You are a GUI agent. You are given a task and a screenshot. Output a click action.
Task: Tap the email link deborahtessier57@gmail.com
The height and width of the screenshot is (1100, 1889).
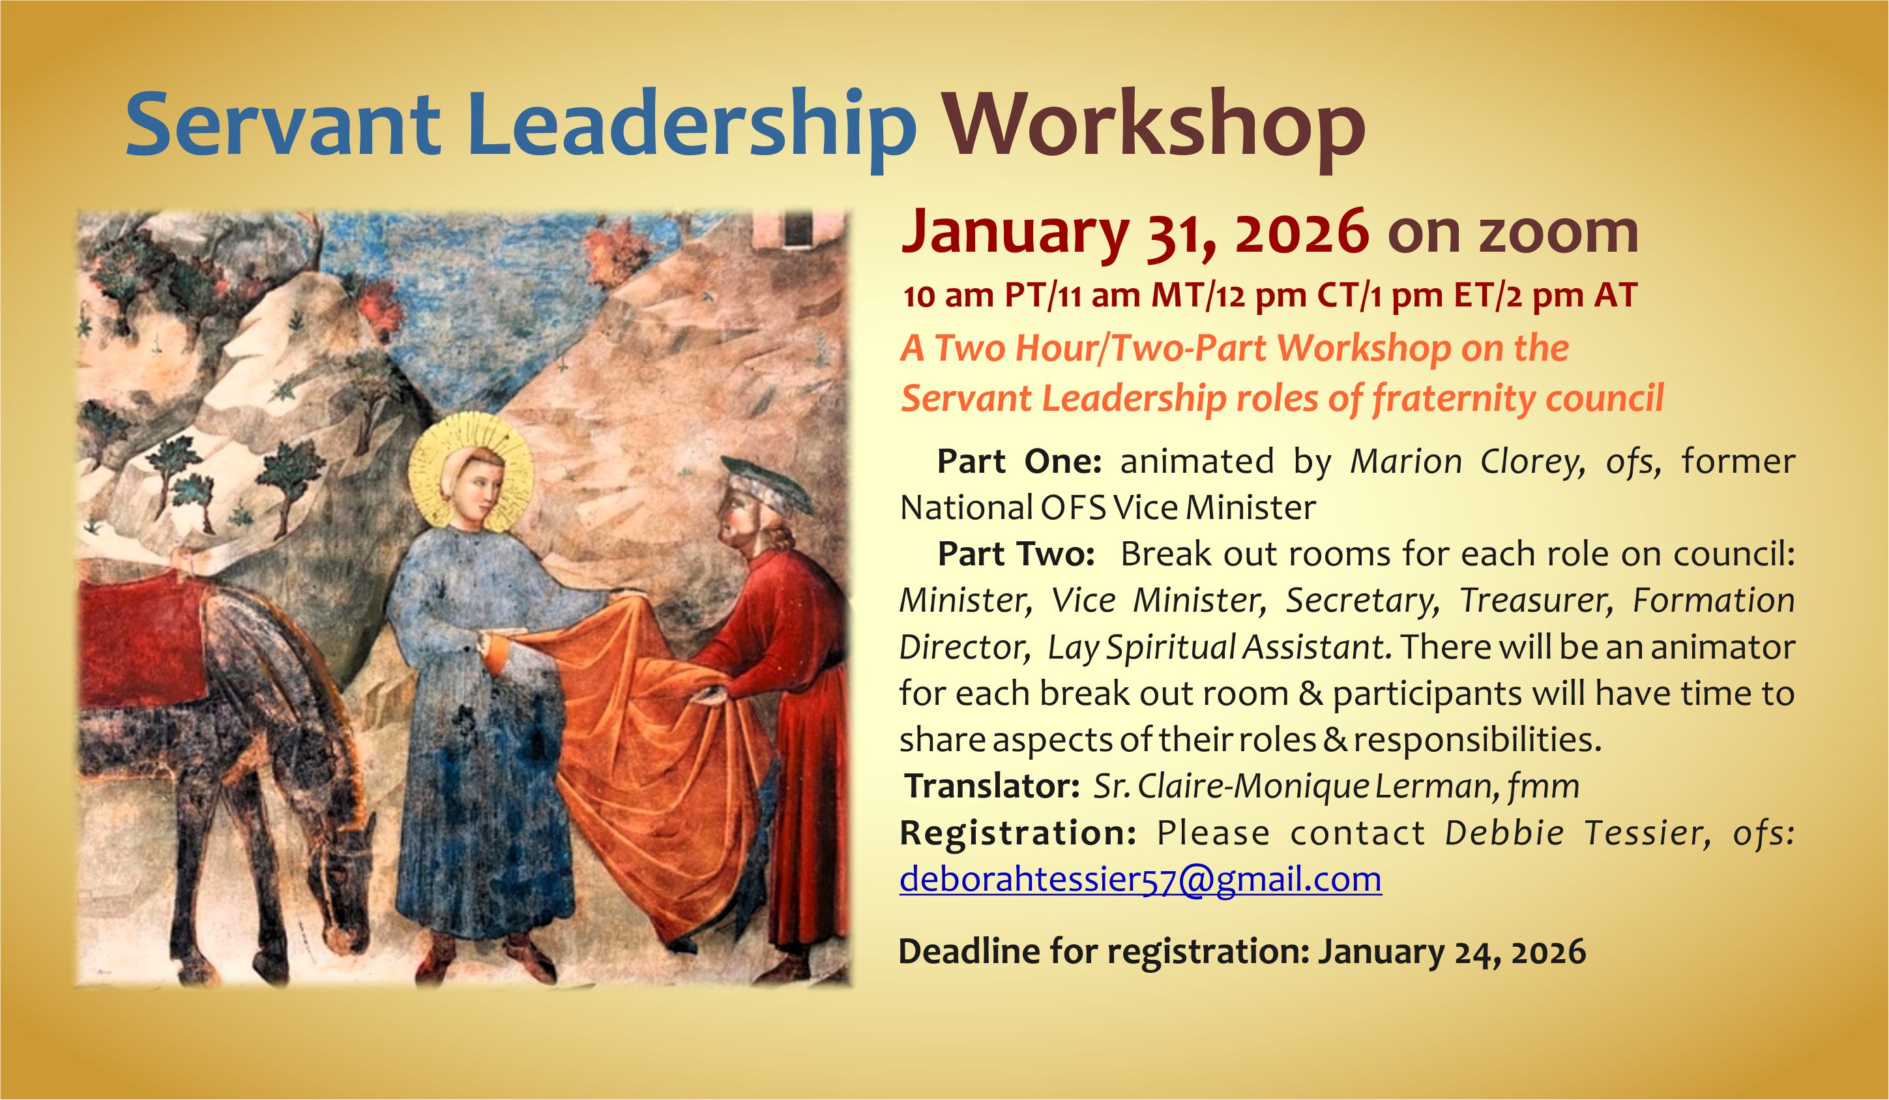pyautogui.click(x=1140, y=879)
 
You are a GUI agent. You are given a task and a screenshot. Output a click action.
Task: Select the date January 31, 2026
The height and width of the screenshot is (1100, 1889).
pyautogui.click(x=1135, y=233)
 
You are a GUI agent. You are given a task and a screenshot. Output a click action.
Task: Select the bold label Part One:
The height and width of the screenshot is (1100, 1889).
pyautogui.click(x=1019, y=462)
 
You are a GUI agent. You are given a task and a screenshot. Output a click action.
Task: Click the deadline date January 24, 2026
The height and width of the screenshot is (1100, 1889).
pyautogui.click(x=1452, y=951)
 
